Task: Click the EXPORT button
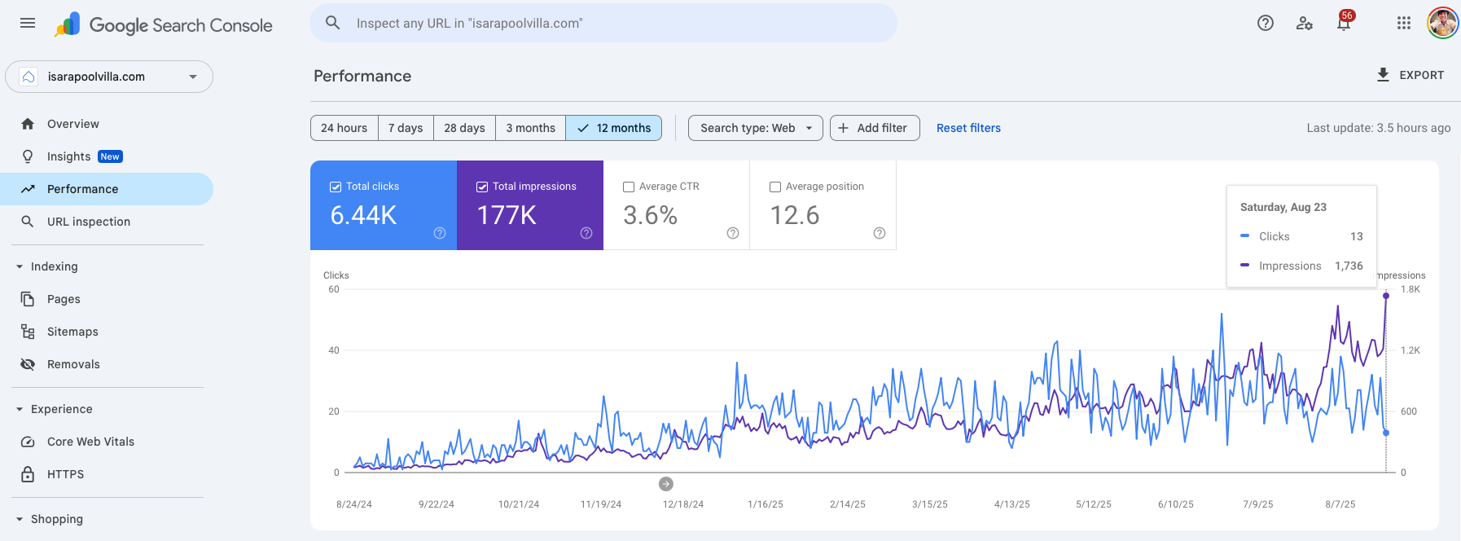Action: [x=1411, y=75]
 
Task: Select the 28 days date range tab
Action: [x=464, y=128]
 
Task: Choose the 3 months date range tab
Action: [x=530, y=128]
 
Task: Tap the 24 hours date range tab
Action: [x=344, y=128]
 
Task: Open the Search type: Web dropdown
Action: [x=755, y=128]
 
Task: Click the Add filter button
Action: [x=874, y=128]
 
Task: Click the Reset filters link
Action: [x=968, y=128]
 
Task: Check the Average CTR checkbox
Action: [x=629, y=187]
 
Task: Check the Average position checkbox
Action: [x=775, y=187]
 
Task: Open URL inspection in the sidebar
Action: [x=88, y=222]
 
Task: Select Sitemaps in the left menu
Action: [x=72, y=332]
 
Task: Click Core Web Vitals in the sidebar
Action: [x=90, y=442]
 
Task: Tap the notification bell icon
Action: [x=1344, y=24]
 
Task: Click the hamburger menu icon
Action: [x=28, y=23]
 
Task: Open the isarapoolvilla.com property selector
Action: [x=109, y=77]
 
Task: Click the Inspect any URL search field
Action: [x=603, y=23]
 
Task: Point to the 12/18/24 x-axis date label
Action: [x=682, y=504]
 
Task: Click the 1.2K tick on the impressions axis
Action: [x=1410, y=350]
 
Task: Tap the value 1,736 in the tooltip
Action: [x=1349, y=266]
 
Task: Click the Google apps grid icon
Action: [x=1403, y=23]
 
